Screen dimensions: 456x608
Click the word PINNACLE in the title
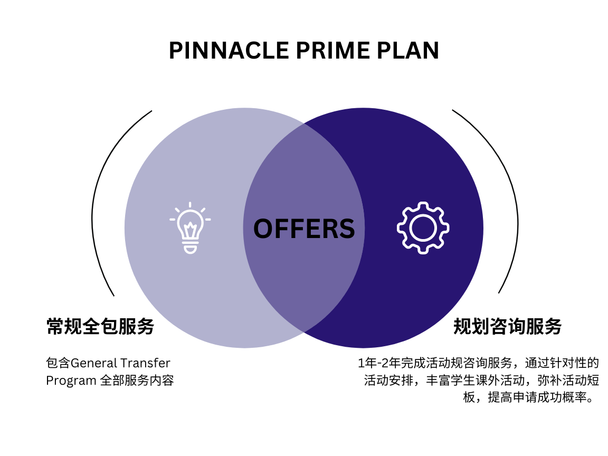229,51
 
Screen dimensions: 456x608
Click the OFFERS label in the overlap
304,229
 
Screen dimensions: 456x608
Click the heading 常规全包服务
100,327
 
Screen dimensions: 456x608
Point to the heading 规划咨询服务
508,327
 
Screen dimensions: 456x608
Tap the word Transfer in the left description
145,364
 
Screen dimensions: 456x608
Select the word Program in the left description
71,381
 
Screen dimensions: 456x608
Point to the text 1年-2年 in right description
379,364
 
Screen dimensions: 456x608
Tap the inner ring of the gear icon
423,228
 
